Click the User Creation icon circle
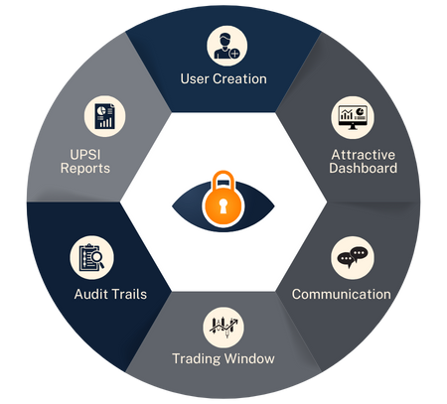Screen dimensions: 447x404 (x=227, y=46)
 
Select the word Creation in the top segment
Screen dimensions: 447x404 (x=239, y=79)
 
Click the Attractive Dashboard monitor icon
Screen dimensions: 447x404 (x=353, y=117)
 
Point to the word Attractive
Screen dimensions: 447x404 (x=364, y=155)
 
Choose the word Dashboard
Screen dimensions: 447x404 (x=364, y=168)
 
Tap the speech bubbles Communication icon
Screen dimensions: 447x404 (x=353, y=257)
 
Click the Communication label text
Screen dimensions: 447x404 (x=342, y=294)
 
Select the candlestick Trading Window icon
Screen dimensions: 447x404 (x=223, y=328)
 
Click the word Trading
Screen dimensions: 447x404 (x=197, y=359)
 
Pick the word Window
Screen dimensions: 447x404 (x=249, y=358)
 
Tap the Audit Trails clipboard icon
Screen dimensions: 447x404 (x=91, y=257)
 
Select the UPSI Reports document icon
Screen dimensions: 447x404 (x=104, y=116)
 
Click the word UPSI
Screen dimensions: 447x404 (x=85, y=155)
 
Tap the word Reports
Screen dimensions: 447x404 (x=85, y=169)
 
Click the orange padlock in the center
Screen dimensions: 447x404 (x=223, y=200)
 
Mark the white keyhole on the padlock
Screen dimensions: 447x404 (x=223, y=206)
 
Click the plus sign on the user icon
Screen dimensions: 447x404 (x=234, y=54)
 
